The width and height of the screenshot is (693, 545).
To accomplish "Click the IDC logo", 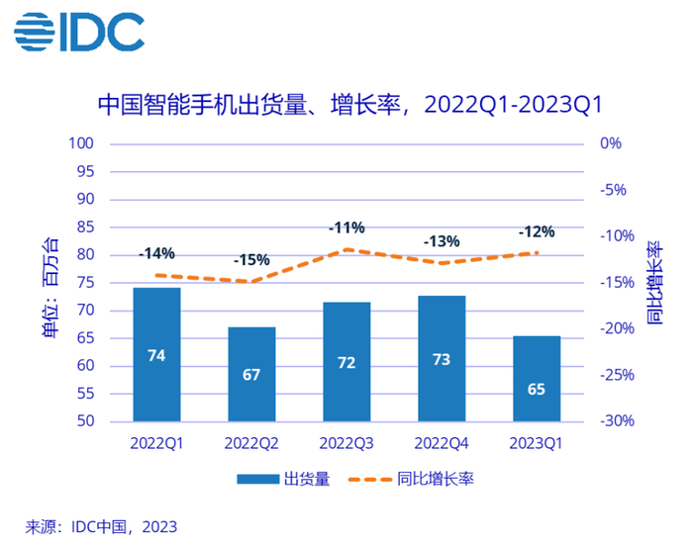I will [79, 34].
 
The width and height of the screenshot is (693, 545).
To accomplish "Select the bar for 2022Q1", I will [156, 354].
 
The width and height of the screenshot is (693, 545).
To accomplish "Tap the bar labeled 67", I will [251, 374].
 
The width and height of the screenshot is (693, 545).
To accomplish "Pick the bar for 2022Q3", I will [346, 361].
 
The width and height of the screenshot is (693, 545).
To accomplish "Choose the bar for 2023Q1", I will [537, 378].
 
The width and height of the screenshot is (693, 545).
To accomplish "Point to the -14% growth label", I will [156, 253].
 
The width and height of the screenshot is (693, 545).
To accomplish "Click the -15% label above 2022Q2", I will [251, 260].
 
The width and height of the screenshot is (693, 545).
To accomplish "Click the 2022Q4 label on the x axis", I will [442, 443].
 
